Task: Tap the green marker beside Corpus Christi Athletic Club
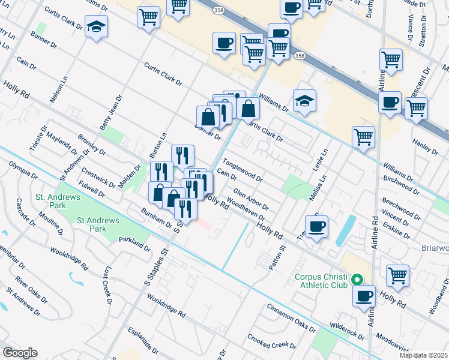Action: pyautogui.click(x=357, y=279)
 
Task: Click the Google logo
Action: pyautogui.click(x=20, y=353)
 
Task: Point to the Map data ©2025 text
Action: pyautogui.click(x=423, y=355)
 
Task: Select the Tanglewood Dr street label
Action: pyautogui.click(x=243, y=170)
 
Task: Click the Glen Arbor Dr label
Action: pyautogui.click(x=250, y=199)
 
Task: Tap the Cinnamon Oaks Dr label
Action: pyautogui.click(x=292, y=317)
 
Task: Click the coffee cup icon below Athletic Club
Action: pyautogui.click(x=364, y=296)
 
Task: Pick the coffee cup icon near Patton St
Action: pyautogui.click(x=316, y=226)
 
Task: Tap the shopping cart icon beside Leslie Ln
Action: pyautogui.click(x=363, y=137)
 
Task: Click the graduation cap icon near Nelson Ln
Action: pyautogui.click(x=96, y=26)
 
